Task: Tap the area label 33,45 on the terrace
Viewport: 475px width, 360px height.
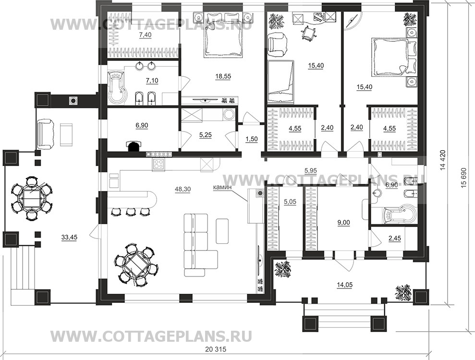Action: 70,237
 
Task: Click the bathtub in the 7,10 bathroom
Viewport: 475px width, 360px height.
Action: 116,87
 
